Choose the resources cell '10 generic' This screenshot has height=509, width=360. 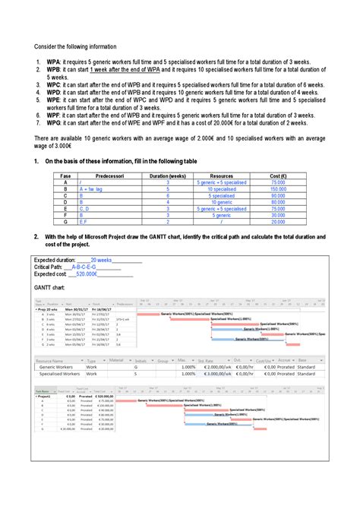tap(221, 203)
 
